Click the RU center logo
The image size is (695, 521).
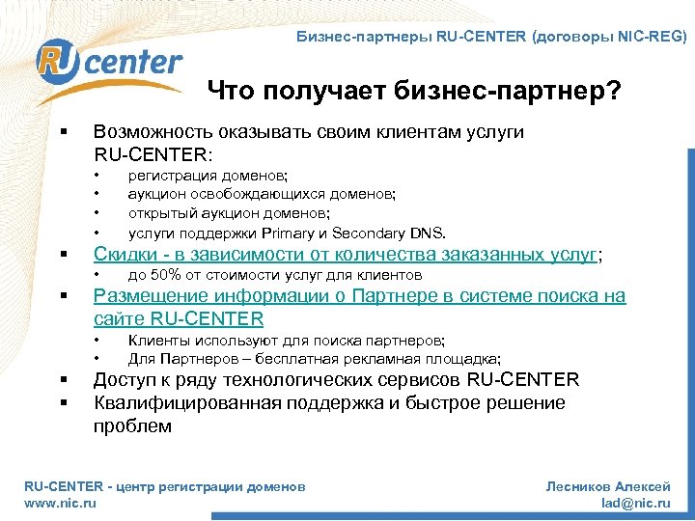(x=108, y=66)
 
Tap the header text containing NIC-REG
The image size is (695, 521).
(x=491, y=38)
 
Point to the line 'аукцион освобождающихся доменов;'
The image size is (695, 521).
(x=262, y=194)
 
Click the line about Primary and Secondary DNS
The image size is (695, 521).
(x=288, y=233)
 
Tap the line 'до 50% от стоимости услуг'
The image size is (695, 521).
(x=275, y=275)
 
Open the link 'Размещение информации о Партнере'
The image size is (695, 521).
(x=359, y=296)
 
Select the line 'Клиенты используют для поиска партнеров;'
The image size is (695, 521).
(x=287, y=340)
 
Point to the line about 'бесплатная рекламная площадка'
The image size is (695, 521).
(x=315, y=358)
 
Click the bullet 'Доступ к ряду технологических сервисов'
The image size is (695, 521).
(x=337, y=379)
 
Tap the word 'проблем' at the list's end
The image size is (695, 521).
(x=132, y=425)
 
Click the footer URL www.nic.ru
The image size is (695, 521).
(x=60, y=504)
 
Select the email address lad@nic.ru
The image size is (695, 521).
(x=635, y=504)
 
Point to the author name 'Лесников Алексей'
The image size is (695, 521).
(x=608, y=487)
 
